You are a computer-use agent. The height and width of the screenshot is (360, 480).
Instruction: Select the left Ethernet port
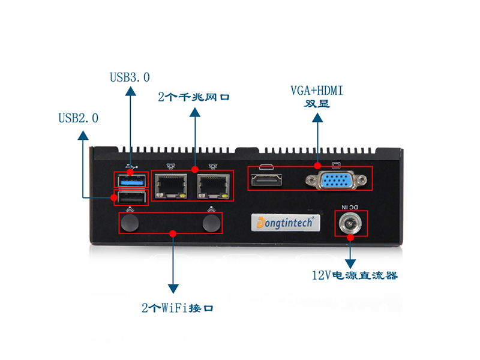pyautogui.click(x=172, y=187)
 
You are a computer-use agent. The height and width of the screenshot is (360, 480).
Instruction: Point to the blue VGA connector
pyautogui.click(x=331, y=180)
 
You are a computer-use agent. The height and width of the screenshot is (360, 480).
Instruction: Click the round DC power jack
pyautogui.click(x=350, y=224)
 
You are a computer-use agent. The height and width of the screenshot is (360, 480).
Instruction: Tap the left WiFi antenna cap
pyautogui.click(x=130, y=224)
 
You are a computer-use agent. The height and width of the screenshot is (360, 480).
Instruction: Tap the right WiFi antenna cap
pyautogui.click(x=211, y=224)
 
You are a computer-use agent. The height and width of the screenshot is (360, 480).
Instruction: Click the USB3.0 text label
pyautogui.click(x=130, y=77)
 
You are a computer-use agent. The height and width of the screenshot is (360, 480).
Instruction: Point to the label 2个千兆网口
pyautogui.click(x=194, y=97)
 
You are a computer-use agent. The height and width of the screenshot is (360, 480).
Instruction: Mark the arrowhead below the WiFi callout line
pyautogui.click(x=173, y=289)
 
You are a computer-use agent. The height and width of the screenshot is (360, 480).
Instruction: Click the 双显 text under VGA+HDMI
pyautogui.click(x=316, y=103)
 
